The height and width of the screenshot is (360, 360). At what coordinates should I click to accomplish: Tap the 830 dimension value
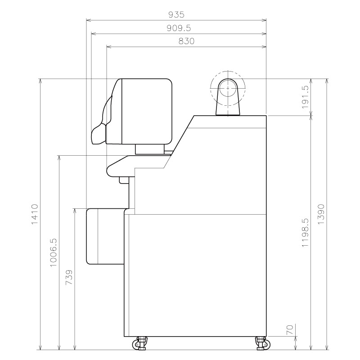click(186, 41)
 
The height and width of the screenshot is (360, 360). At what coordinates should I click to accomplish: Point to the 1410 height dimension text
click(35, 215)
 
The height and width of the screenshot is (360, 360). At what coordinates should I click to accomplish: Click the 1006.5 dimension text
click(54, 252)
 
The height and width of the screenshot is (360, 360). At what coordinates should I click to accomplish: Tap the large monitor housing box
click(146, 111)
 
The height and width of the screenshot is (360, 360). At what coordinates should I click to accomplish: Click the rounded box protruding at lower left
click(104, 236)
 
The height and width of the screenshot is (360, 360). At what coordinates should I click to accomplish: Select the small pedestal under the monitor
click(150, 149)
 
